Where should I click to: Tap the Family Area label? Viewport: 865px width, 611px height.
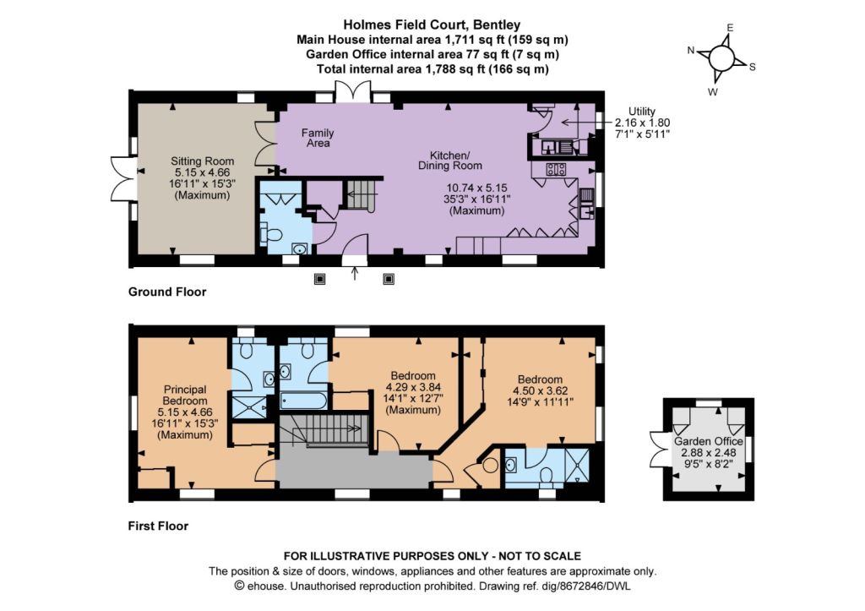click(318, 138)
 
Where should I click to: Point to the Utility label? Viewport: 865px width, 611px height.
click(642, 111)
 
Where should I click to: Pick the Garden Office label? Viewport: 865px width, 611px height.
click(709, 440)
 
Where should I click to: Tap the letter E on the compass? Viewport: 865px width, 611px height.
click(730, 28)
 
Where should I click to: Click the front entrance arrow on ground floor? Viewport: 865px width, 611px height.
click(354, 272)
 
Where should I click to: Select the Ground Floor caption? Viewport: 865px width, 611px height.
click(167, 292)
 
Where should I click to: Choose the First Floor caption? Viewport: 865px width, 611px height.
click(158, 526)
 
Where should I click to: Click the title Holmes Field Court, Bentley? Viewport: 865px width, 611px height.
click(432, 25)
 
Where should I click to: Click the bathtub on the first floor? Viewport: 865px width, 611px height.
click(302, 397)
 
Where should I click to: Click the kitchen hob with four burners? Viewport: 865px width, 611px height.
click(557, 169)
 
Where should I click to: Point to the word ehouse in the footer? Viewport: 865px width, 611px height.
click(264, 585)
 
